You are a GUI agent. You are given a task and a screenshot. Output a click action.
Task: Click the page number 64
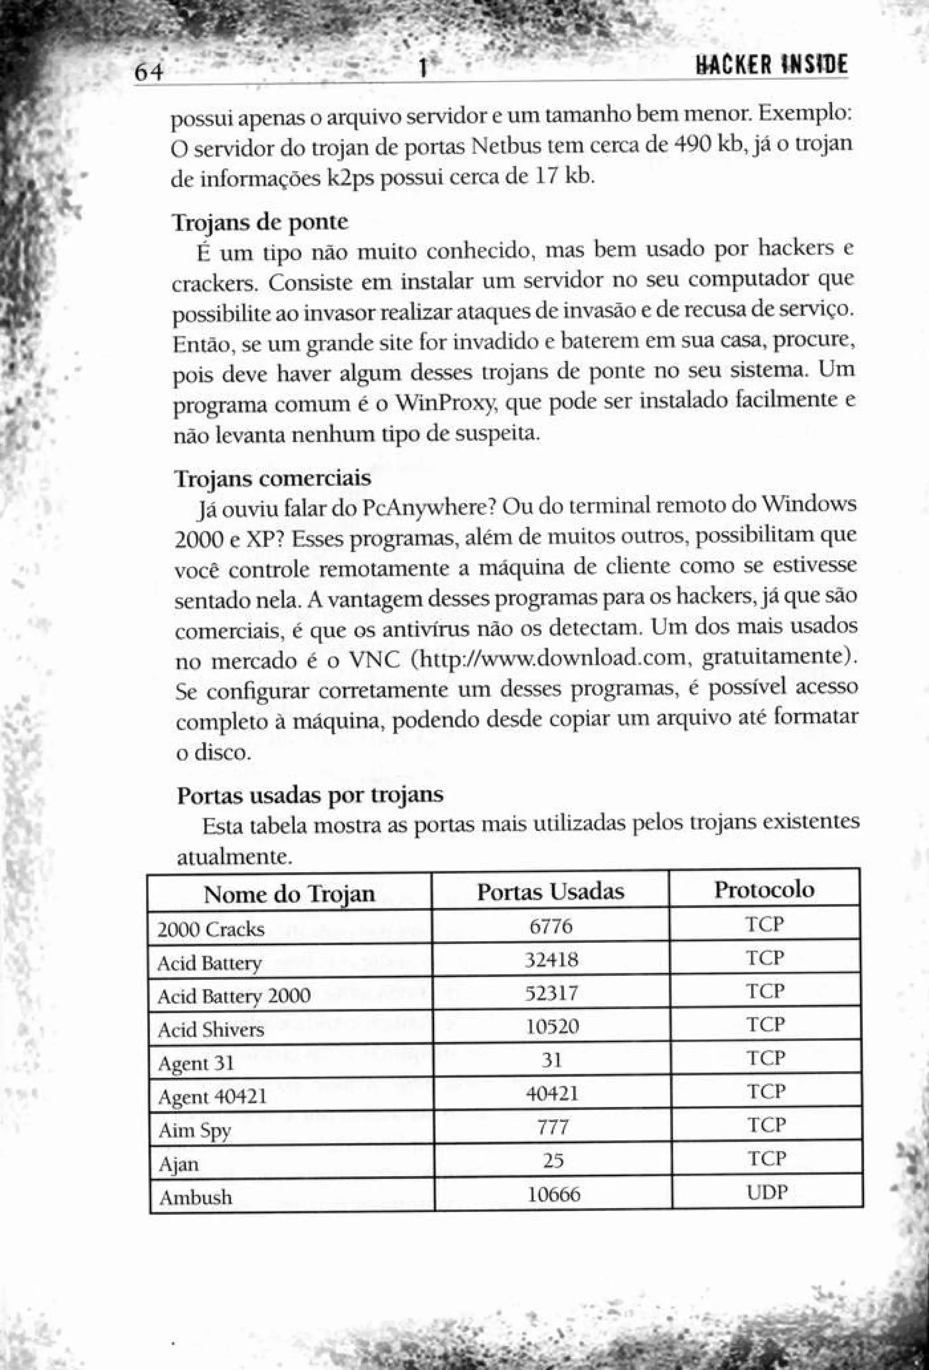point(148,73)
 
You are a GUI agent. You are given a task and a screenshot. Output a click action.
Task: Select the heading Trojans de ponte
point(260,222)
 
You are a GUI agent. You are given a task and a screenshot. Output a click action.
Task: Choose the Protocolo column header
point(764,889)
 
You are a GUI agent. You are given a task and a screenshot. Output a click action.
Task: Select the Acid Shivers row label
point(210,1030)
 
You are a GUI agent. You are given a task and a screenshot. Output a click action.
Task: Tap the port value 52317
point(552,994)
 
